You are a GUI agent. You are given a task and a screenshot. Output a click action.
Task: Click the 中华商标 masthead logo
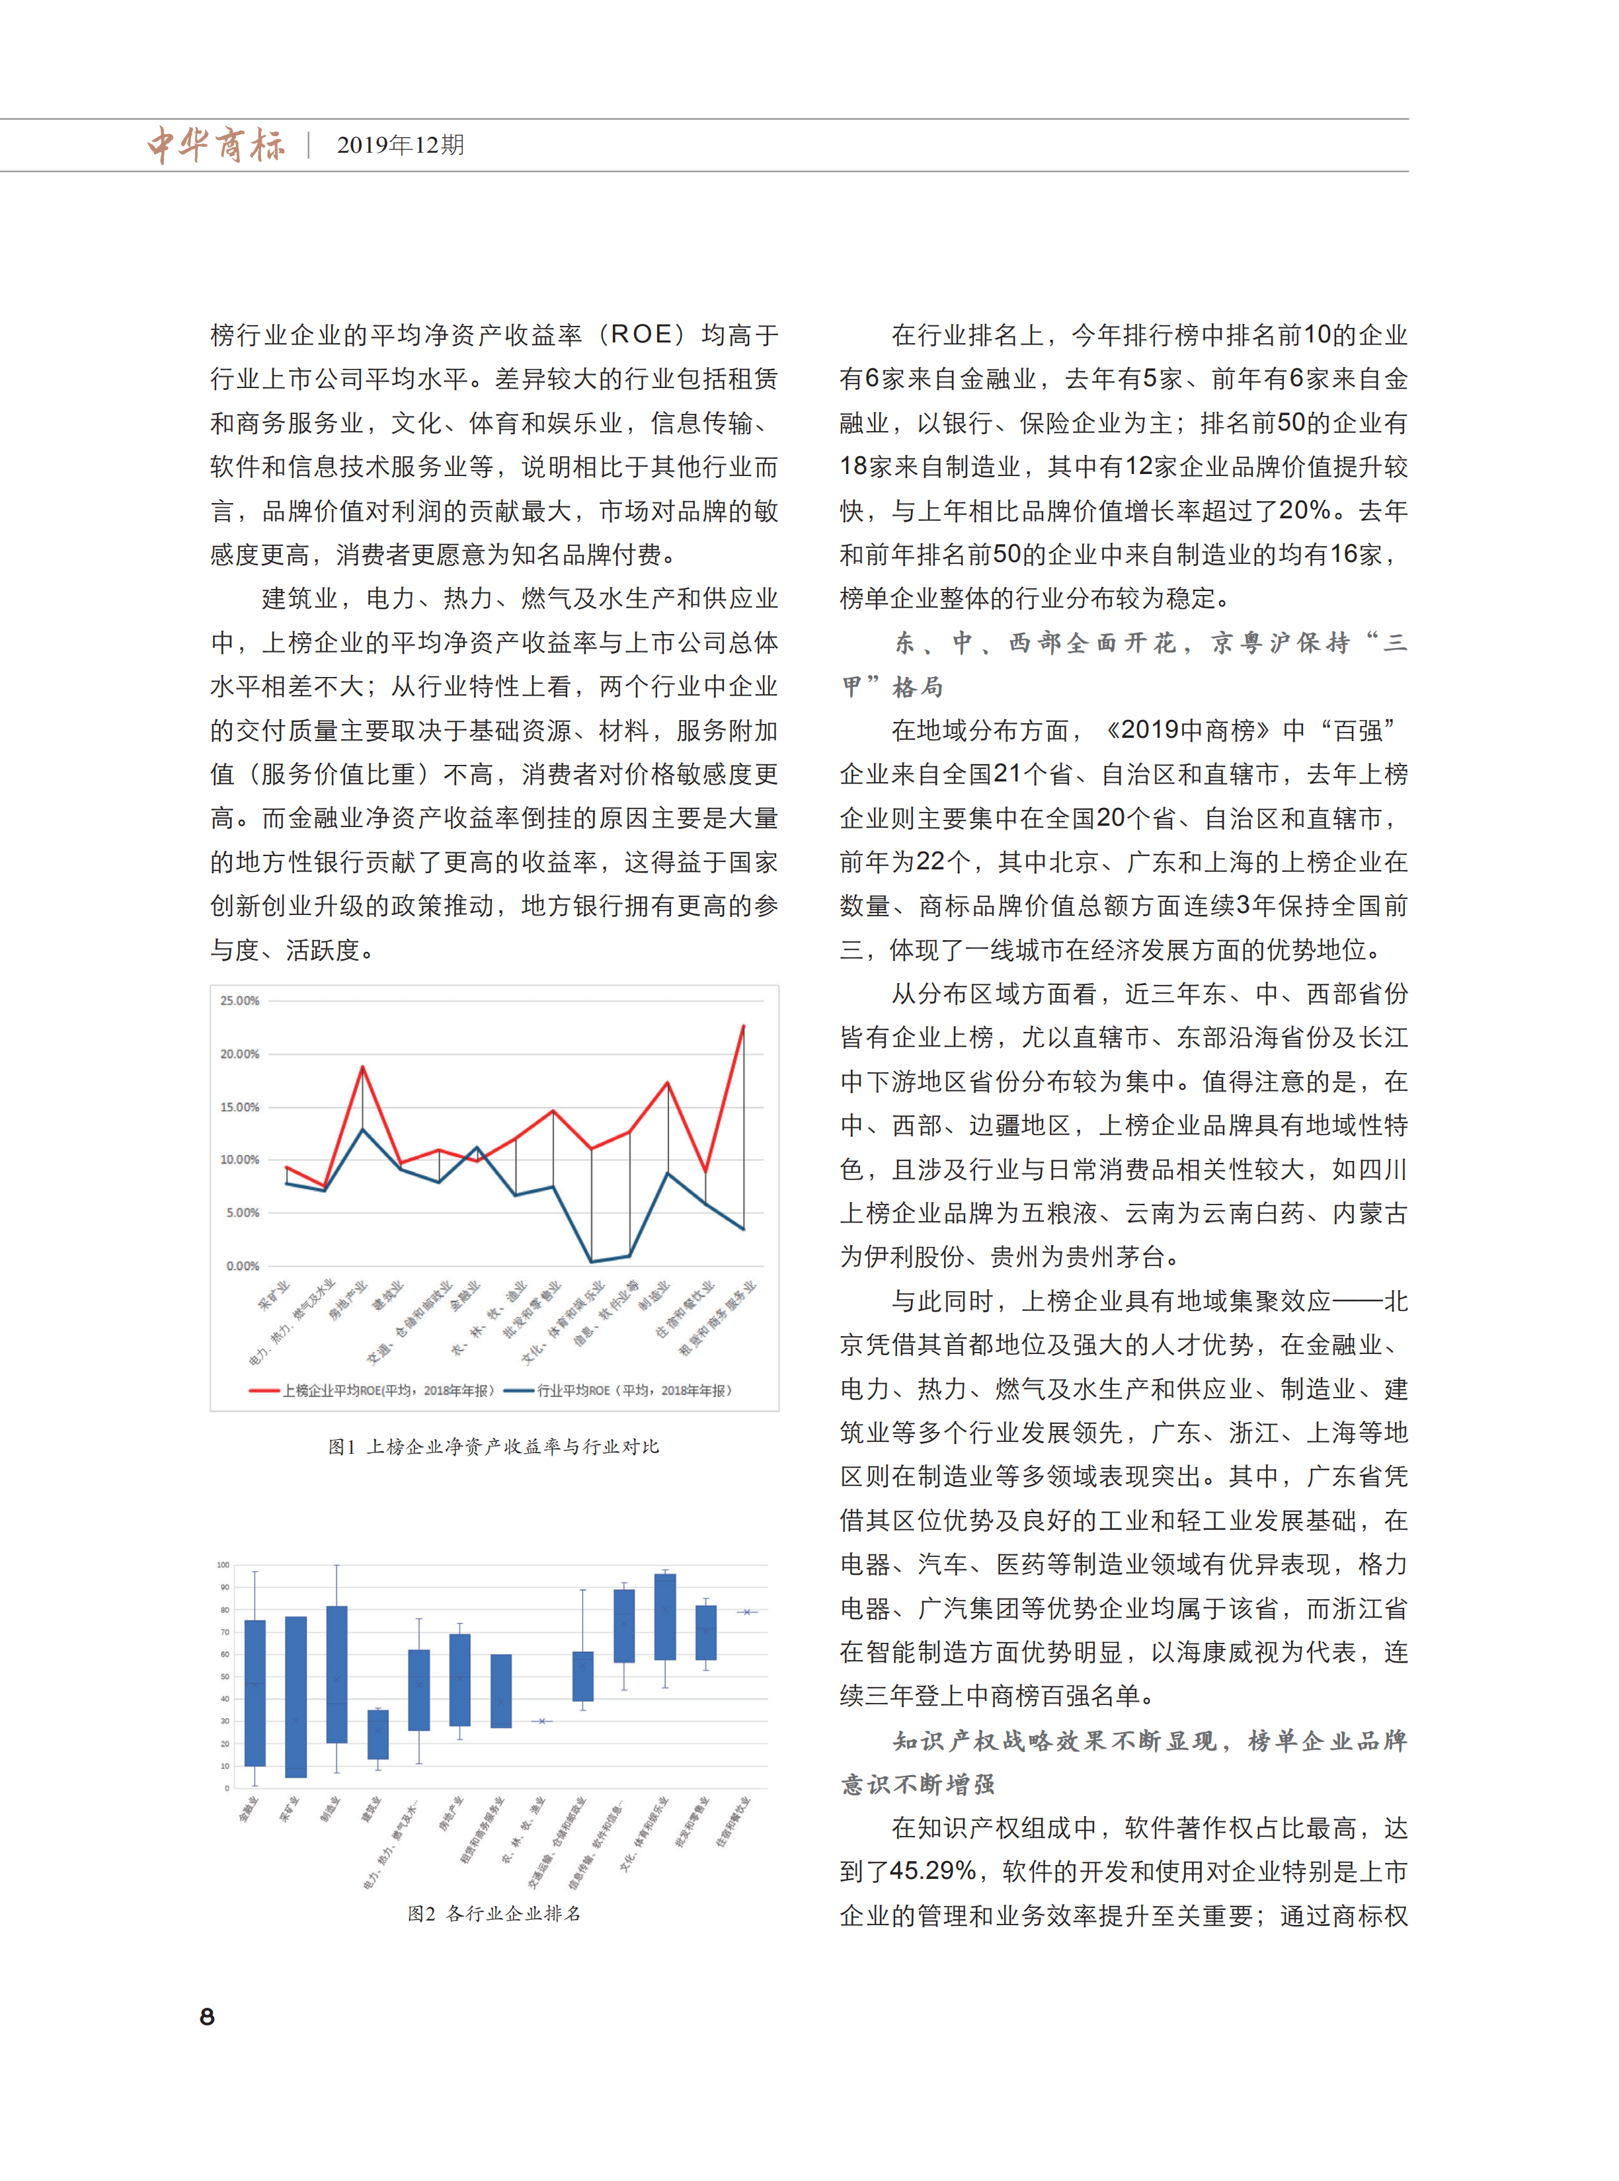click(216, 145)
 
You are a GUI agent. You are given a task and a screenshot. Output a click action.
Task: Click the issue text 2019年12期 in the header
click(400, 145)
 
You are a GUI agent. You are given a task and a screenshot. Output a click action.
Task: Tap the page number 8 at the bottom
click(207, 2016)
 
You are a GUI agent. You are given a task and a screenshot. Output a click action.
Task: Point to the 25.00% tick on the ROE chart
click(240, 1000)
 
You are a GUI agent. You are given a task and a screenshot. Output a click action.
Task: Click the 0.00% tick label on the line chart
click(242, 1266)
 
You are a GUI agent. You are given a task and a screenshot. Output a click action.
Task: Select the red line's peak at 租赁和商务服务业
click(743, 1026)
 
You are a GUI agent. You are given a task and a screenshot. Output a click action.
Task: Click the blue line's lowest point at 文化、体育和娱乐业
click(591, 1261)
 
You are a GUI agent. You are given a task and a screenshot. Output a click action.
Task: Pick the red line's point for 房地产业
click(363, 1067)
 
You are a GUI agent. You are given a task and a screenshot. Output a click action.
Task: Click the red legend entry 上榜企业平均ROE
click(372, 1390)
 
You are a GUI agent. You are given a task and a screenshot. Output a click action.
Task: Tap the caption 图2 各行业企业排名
click(493, 1913)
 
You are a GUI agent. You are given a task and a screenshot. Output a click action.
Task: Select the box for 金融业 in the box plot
click(255, 1693)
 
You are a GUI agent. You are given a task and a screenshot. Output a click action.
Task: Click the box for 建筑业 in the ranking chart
click(377, 1734)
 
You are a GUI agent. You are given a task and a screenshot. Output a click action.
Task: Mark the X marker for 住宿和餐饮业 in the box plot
click(747, 1612)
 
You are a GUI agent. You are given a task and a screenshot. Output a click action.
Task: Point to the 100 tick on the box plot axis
click(223, 1565)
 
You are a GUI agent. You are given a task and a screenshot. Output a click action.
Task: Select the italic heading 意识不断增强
click(918, 1784)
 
